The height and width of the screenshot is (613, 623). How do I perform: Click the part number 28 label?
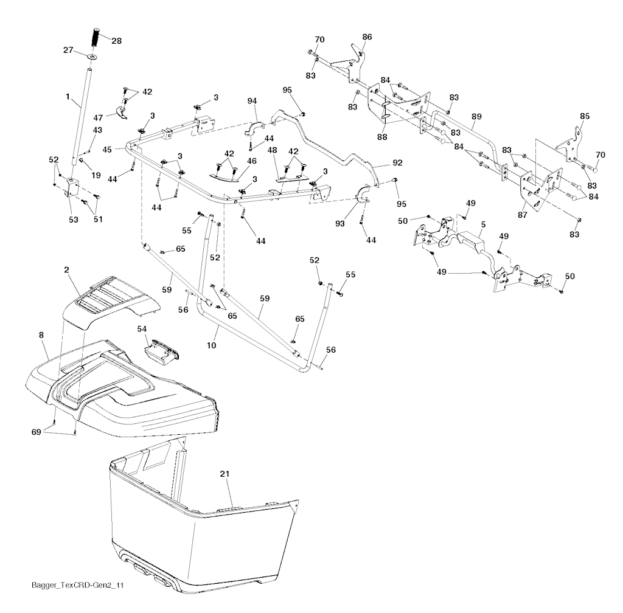point(116,41)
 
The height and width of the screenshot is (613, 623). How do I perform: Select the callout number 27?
point(68,50)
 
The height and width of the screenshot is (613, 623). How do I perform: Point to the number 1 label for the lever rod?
point(68,97)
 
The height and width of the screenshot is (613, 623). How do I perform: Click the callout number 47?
point(98,117)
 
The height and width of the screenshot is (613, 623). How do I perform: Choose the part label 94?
point(252,101)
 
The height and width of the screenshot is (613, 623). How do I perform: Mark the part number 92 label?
point(397,163)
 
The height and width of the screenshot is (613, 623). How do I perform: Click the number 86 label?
point(367,37)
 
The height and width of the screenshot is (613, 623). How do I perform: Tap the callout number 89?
point(476,116)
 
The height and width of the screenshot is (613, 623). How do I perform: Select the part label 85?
point(585,116)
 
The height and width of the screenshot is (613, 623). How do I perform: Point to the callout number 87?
point(523,215)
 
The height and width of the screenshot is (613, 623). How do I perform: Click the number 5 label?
point(483,225)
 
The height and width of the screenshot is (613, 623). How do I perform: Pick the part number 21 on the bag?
point(224,474)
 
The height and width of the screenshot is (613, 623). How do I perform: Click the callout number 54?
point(142,329)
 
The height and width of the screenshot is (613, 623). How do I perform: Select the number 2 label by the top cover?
point(66,270)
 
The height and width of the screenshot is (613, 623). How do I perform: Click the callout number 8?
point(41,335)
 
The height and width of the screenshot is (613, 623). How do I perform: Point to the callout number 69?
point(36,432)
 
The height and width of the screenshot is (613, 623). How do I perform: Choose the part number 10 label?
point(211,345)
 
